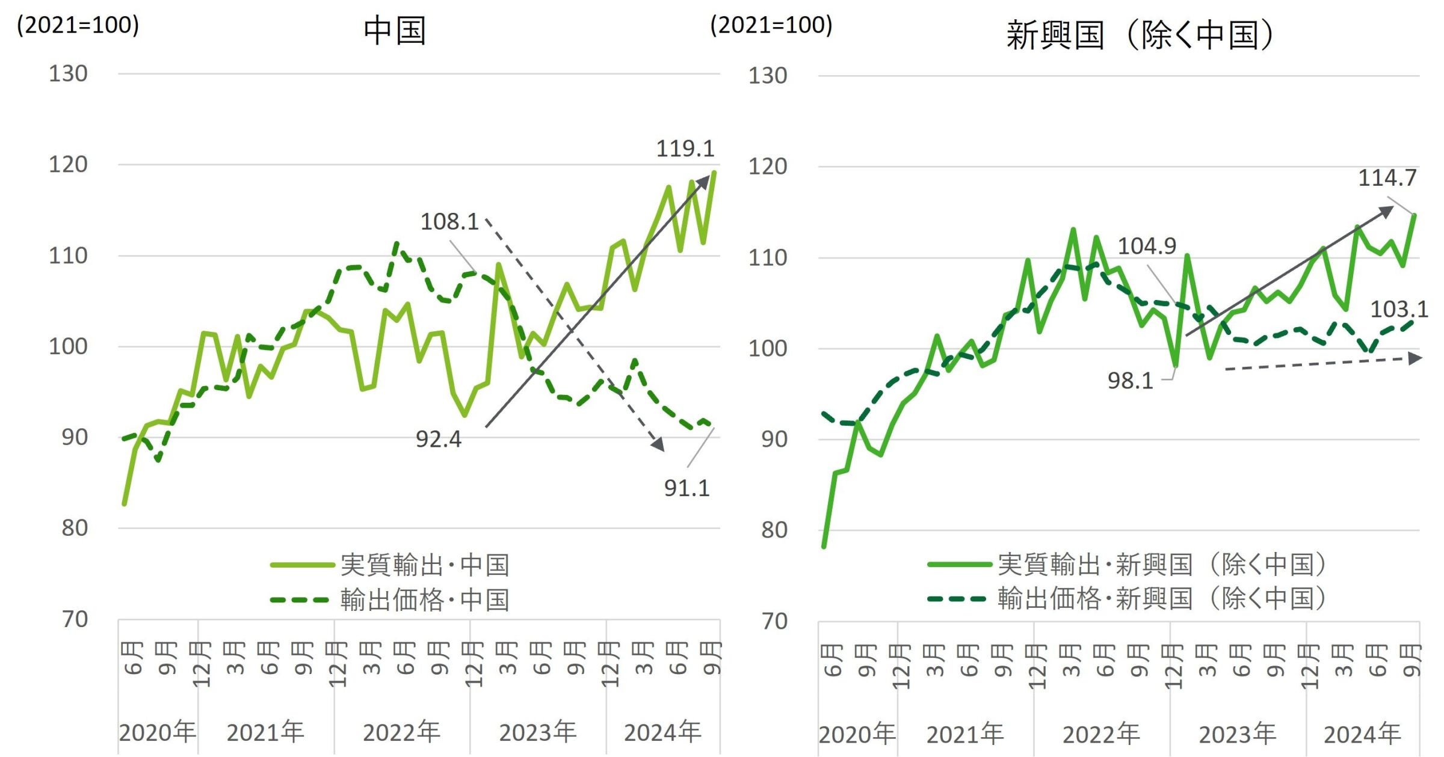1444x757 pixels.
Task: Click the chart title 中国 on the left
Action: pos(395,31)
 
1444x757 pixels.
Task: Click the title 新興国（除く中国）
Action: pos(1140,35)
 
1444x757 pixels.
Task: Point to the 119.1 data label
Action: pos(685,149)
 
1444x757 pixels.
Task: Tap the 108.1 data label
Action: pos(449,222)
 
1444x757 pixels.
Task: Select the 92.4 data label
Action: pos(438,440)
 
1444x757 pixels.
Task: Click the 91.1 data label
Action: pos(687,488)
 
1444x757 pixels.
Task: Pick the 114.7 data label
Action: pos(1387,178)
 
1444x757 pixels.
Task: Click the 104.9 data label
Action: pos(1146,246)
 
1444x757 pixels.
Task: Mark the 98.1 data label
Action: pos(1130,381)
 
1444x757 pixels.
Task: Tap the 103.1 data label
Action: pos(1398,310)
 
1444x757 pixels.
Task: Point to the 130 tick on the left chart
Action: pos(68,74)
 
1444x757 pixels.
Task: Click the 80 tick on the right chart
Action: pos(774,530)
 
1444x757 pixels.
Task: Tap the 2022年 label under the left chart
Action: pos(401,732)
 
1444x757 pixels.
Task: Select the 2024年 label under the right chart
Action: pos(1362,734)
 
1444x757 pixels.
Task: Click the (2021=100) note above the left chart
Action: pos(78,25)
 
